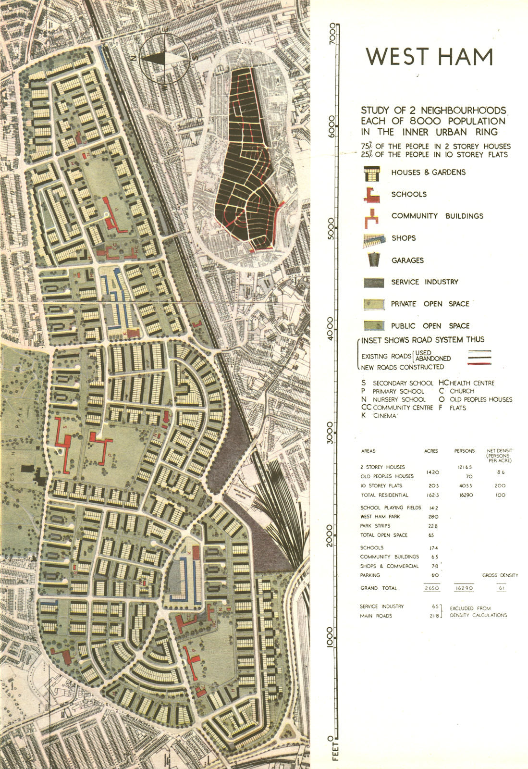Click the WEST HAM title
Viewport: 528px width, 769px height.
[x=429, y=57]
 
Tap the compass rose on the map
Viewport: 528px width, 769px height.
[x=164, y=58]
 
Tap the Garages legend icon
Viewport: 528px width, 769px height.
[x=374, y=260]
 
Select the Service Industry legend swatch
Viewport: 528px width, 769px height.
[x=374, y=282]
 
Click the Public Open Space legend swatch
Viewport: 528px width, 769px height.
[x=374, y=326]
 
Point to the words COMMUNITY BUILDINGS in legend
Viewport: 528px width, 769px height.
[x=437, y=216]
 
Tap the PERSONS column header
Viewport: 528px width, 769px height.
[x=464, y=451]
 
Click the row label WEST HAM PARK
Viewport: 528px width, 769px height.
[x=380, y=517]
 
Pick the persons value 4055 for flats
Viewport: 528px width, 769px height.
[x=464, y=485]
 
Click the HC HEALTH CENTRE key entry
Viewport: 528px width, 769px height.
[x=466, y=383]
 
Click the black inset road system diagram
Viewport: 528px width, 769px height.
[x=246, y=159]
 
